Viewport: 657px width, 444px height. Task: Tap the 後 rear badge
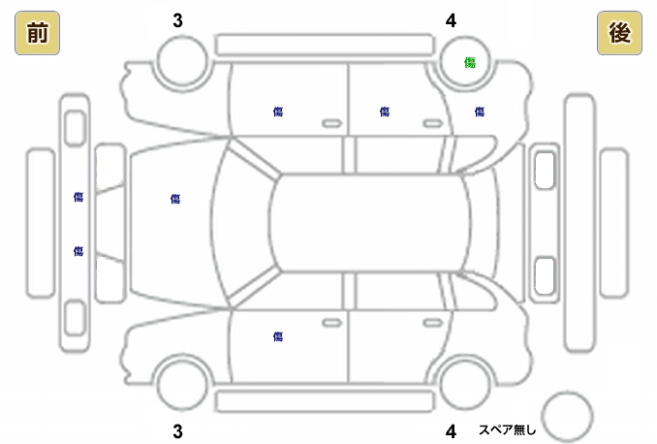[x=620, y=34]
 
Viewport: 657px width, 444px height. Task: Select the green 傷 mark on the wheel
[x=470, y=63]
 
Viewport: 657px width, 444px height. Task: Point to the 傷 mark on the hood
[x=175, y=199]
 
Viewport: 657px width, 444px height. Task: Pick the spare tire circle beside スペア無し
[x=567, y=415]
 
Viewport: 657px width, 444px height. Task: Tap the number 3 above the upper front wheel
[x=177, y=20]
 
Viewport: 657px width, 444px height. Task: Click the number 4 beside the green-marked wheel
[x=451, y=20]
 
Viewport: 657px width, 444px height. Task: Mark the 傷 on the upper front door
[x=278, y=112]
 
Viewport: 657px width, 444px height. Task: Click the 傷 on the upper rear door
[x=385, y=112]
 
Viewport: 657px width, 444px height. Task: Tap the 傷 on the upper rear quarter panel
[x=480, y=112]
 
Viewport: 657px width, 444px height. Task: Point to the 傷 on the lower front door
[x=278, y=336]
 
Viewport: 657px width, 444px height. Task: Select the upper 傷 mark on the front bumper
[x=78, y=197]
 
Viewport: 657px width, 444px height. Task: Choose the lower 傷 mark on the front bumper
[x=78, y=251]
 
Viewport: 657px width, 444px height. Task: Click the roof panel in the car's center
[x=369, y=224]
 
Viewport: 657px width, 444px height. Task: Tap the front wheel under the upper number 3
[x=183, y=64]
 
